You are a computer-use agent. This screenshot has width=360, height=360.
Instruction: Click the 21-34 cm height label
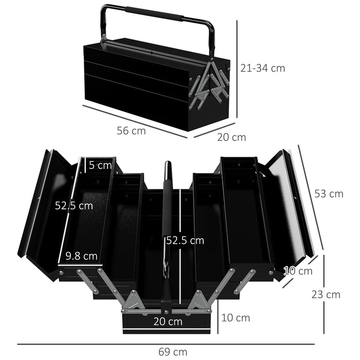262,67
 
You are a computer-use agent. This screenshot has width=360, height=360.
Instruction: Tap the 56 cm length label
131,131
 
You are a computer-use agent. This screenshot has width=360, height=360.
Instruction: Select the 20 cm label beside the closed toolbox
231,137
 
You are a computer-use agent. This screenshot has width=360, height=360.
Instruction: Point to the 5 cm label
100,165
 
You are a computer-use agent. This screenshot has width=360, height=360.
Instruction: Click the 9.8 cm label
81,255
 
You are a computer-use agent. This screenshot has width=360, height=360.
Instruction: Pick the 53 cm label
329,193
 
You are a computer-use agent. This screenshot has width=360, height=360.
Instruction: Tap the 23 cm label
326,294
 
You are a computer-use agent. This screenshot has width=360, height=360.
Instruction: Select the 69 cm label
173,352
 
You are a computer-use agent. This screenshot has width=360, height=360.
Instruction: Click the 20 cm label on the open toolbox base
168,321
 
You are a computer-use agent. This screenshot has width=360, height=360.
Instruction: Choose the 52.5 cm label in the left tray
74,205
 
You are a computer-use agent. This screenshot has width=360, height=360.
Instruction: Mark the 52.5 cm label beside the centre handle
185,240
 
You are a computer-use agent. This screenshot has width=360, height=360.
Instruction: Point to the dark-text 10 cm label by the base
236,318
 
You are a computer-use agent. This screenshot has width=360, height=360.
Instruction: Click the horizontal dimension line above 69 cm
165,344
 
